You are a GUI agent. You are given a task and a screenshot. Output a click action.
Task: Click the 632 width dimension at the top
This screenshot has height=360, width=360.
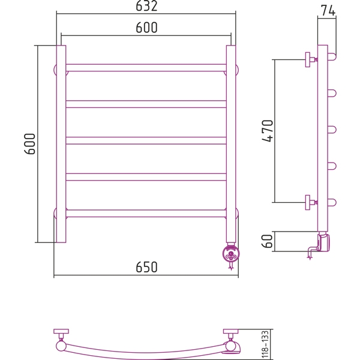coord(146,6)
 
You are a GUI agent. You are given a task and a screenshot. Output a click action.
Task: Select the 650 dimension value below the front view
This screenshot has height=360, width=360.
coord(146,267)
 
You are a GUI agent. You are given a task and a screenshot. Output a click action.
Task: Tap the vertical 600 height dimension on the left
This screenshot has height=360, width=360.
coord(30,144)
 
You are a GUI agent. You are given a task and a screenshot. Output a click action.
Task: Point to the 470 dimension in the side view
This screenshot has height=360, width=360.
coord(268,131)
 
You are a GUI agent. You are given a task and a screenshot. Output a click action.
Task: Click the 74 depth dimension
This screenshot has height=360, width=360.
coord(328,10)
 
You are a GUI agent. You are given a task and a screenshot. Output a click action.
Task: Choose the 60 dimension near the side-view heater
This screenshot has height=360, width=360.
coord(268,241)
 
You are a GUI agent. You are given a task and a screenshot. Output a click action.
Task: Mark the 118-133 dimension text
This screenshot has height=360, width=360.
coord(265,344)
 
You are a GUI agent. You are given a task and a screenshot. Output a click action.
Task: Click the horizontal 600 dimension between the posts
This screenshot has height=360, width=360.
coord(146,28)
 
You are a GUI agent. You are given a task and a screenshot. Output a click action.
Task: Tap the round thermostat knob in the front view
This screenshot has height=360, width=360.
coord(231,254)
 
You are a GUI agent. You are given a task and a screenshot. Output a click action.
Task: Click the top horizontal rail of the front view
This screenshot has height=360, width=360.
coord(146,68)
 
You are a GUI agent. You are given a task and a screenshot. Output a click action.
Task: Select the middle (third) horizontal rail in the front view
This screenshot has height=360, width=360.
coord(146,140)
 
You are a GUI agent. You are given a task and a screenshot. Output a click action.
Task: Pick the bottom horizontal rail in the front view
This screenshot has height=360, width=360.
coord(146,213)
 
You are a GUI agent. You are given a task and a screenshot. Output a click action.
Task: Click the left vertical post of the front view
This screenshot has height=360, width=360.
coord(61,144)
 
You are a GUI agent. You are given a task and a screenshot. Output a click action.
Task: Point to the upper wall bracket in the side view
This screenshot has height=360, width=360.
coord(310,59)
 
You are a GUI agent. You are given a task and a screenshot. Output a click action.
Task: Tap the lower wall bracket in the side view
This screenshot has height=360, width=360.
coord(310,203)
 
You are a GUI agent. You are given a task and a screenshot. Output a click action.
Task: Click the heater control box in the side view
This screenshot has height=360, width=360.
coord(323,242)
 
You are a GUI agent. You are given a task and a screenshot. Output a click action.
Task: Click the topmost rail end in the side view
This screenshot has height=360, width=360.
coord(332,57)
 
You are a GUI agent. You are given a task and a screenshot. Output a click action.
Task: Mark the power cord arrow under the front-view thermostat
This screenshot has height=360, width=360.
coord(231,266)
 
